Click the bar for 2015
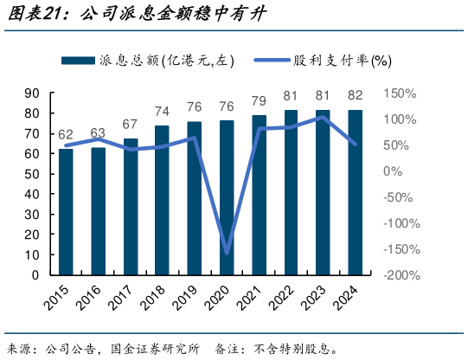(66, 212)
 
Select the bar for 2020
(227, 197)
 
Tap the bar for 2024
(356, 192)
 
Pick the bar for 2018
(162, 200)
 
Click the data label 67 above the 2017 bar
(131, 124)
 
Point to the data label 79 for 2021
(259, 100)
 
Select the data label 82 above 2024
(356, 95)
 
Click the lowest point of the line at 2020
(227, 254)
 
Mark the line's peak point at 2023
(323, 116)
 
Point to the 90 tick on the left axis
(32, 93)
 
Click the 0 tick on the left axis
(35, 275)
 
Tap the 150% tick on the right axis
(400, 93)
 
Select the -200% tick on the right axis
(401, 275)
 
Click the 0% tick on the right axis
(393, 171)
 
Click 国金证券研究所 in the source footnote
(154, 348)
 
